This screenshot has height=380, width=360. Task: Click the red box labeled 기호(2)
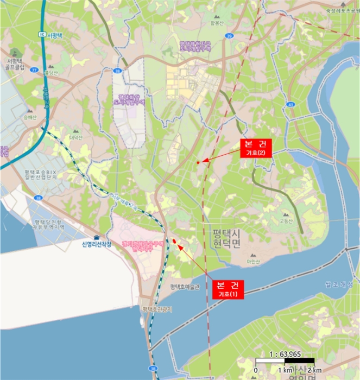tap(255, 148)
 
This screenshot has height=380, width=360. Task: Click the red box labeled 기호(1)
tap(228, 289)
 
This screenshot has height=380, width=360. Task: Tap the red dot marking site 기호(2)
tap(198, 162)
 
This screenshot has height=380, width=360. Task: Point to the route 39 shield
tap(230, 36)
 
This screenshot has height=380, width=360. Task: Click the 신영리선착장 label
tap(96, 244)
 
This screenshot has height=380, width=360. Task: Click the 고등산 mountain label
tap(286, 220)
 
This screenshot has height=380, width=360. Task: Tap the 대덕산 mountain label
tap(75, 137)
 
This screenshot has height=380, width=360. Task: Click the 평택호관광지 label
tap(156, 309)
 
